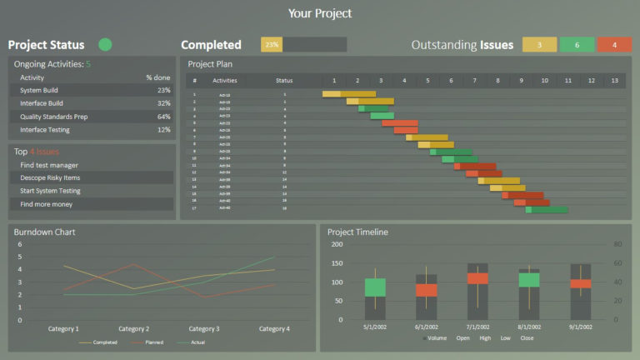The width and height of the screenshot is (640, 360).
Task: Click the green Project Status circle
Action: pos(105,44)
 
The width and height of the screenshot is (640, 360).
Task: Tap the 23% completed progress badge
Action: pos(272,45)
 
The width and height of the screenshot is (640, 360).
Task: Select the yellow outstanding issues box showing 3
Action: pos(540,45)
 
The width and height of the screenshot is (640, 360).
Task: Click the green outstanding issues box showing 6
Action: pos(577,45)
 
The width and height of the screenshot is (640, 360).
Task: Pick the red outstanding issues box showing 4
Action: pos(614,45)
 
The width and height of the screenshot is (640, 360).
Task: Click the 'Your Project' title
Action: pos(320,13)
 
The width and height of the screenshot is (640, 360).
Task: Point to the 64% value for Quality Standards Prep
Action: pos(163,117)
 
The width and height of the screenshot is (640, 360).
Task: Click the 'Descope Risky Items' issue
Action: pos(50,177)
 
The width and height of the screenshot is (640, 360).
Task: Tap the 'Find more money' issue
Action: pos(46,204)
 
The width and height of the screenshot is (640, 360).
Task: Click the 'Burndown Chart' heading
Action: pos(40,232)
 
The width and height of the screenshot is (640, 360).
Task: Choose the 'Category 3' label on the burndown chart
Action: pos(203,329)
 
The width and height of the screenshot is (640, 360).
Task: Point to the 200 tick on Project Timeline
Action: pos(337,244)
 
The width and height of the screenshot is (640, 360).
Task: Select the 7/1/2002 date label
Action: pos(477,327)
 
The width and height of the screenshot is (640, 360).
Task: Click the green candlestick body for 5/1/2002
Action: pos(375,287)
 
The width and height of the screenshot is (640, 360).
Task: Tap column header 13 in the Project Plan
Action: pos(614,81)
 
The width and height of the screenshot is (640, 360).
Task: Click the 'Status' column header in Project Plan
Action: pos(284,81)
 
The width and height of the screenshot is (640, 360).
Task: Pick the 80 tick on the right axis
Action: pos(617,244)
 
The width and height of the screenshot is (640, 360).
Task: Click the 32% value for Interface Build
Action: pos(163,103)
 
